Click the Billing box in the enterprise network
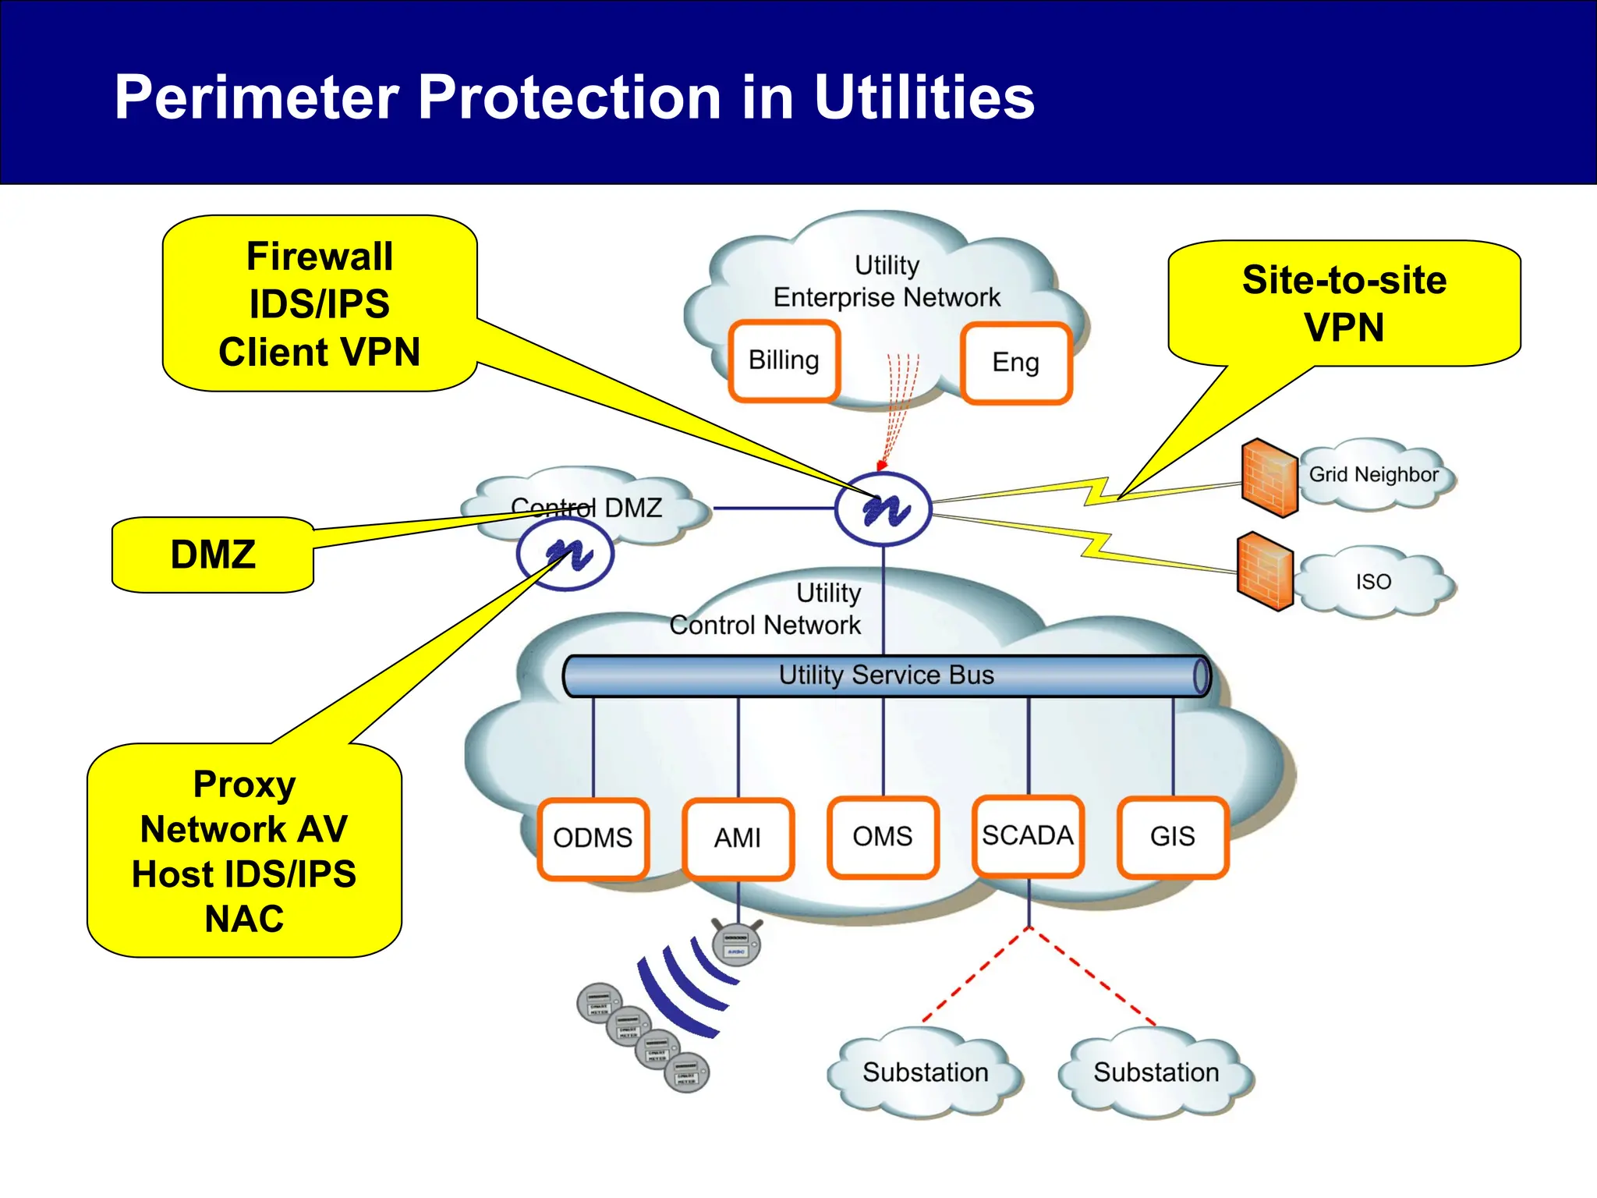(784, 361)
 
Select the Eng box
(1015, 363)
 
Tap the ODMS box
(593, 838)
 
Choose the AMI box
(738, 838)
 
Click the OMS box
(883, 837)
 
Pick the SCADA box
(1028, 836)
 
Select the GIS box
(1172, 837)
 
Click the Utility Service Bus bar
(886, 675)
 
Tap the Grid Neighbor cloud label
(1373, 475)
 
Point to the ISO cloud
(1373, 582)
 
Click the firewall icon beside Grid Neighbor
(1269, 478)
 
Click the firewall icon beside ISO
(1265, 571)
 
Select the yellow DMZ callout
(213, 555)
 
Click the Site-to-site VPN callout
(1344, 303)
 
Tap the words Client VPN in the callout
(319, 353)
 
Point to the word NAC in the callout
(244, 919)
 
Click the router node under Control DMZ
(565, 555)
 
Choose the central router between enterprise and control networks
(883, 509)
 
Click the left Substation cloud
(925, 1072)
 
